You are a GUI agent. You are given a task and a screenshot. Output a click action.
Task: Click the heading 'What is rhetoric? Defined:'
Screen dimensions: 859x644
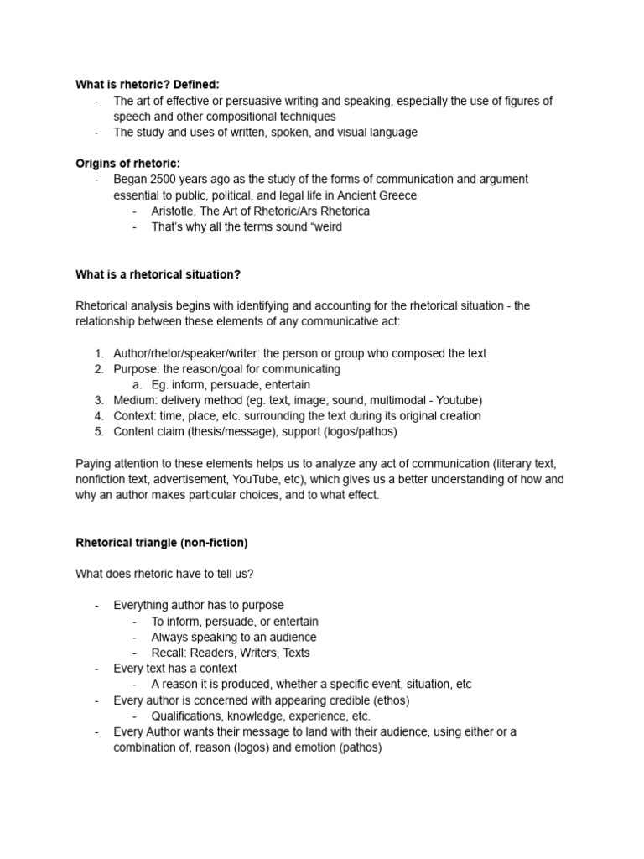147,84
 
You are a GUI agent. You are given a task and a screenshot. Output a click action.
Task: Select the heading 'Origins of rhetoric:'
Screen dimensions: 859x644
128,163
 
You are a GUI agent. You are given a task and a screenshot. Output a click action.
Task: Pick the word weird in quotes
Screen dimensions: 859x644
327,226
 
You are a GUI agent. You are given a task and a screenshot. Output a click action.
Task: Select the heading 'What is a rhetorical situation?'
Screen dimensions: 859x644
158,274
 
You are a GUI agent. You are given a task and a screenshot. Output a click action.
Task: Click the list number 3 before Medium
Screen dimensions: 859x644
98,400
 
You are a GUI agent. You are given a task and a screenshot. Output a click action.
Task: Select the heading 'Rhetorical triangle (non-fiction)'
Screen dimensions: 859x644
162,543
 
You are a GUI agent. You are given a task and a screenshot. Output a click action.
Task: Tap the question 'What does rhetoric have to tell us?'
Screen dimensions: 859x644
174,574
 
